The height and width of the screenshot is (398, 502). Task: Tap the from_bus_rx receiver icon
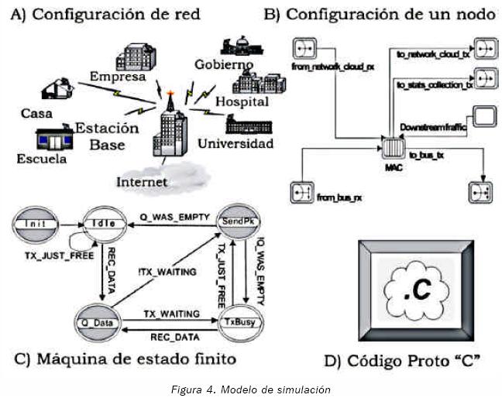click(x=301, y=191)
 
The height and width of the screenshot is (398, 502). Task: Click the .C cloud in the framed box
click(x=418, y=290)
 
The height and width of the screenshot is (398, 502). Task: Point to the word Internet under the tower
click(x=143, y=182)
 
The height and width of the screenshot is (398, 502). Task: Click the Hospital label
click(x=242, y=101)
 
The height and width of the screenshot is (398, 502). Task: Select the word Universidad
click(x=236, y=144)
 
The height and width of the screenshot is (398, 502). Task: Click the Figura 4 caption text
click(x=250, y=389)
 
